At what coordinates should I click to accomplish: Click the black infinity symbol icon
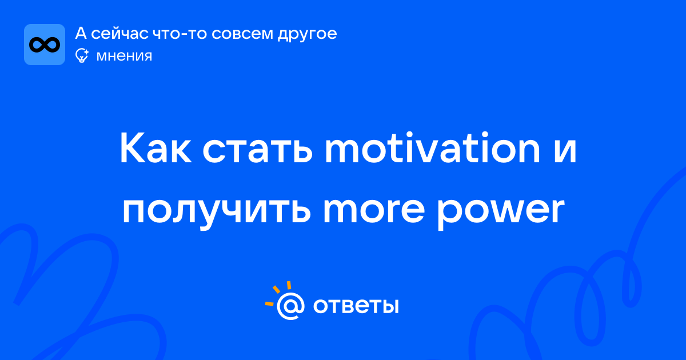point(45,45)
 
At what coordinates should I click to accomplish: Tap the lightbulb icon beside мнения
point(82,55)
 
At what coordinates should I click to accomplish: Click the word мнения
point(125,56)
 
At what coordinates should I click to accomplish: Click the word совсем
point(242,34)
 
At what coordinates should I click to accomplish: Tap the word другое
point(307,35)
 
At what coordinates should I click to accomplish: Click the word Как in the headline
point(155,147)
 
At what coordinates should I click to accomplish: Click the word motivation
point(432,147)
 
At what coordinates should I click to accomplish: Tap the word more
point(374,210)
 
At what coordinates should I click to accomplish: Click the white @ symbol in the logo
point(290,306)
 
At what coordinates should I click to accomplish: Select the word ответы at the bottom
point(356,306)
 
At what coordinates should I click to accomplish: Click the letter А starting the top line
point(81,33)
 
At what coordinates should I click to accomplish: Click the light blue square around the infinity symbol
point(45,45)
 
